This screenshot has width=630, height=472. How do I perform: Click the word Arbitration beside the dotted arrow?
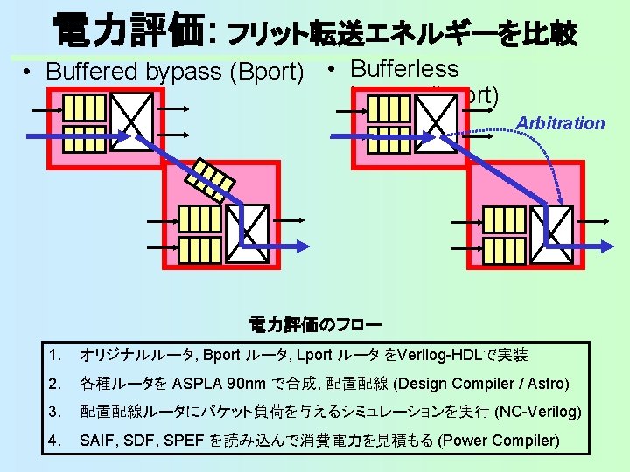(x=561, y=123)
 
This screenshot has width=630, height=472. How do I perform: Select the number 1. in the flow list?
(x=57, y=355)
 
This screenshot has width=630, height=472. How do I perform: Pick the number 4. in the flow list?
(x=57, y=440)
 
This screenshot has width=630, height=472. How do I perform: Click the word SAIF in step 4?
(x=95, y=440)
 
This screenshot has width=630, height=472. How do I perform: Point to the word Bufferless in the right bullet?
(x=404, y=68)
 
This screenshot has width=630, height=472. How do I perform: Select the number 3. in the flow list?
(x=57, y=412)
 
